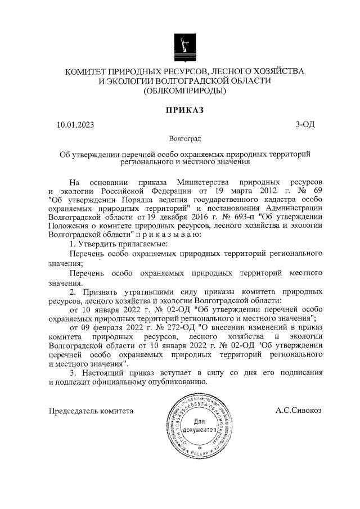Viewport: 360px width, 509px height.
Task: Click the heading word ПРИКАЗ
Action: pyautogui.click(x=184, y=110)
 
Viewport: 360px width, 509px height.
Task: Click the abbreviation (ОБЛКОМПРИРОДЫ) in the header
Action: pyautogui.click(x=184, y=91)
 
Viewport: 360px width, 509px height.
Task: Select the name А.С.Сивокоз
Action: pyautogui.click(x=299, y=411)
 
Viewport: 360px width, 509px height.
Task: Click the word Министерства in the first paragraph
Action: pyautogui.click(x=204, y=183)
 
